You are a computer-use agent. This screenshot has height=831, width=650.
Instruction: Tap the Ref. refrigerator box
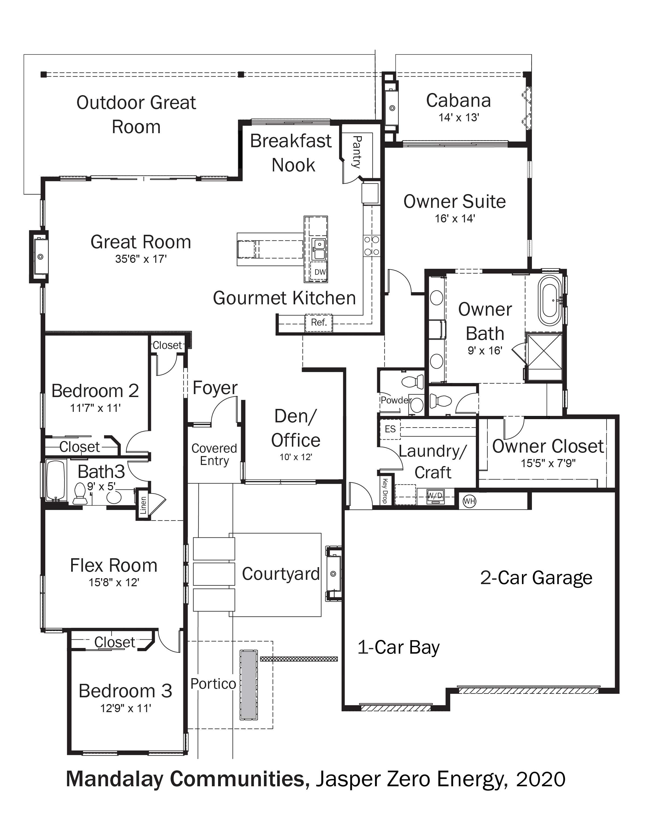click(319, 323)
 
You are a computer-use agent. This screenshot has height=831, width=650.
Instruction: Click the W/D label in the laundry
click(435, 496)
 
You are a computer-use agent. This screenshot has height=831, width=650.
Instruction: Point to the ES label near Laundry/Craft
click(390, 429)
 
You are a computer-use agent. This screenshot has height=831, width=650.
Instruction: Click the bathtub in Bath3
click(56, 480)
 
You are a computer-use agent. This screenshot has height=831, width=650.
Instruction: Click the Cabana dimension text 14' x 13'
click(459, 118)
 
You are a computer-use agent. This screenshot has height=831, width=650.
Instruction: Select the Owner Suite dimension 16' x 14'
click(455, 219)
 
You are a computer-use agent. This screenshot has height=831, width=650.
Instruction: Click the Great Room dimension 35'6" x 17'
click(141, 259)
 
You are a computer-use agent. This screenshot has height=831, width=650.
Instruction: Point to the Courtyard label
click(281, 574)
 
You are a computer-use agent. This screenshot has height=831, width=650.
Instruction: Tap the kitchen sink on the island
click(319, 249)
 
